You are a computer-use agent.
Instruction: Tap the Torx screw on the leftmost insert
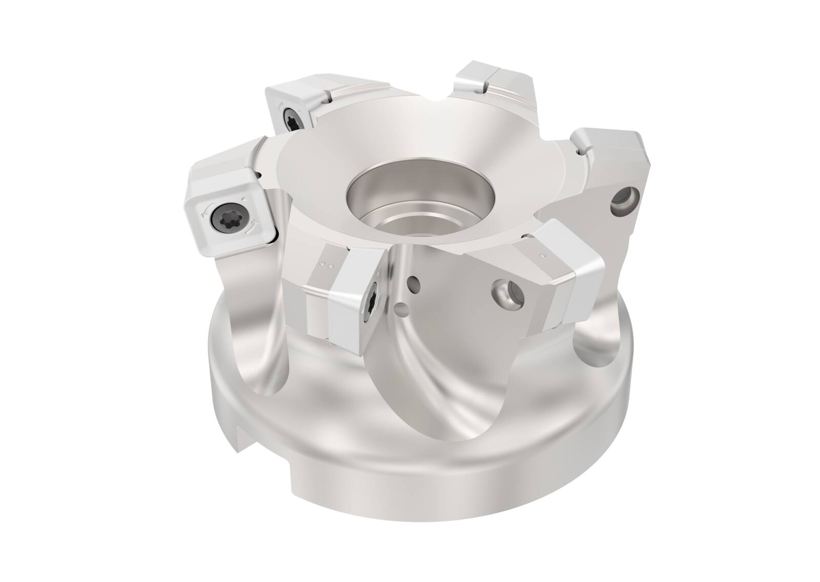[225, 215]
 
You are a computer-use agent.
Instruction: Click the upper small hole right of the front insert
[413, 282]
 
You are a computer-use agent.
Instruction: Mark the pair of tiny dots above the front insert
[324, 265]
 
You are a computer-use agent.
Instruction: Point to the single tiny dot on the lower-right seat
[542, 254]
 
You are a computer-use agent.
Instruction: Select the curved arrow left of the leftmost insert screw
[206, 212]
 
